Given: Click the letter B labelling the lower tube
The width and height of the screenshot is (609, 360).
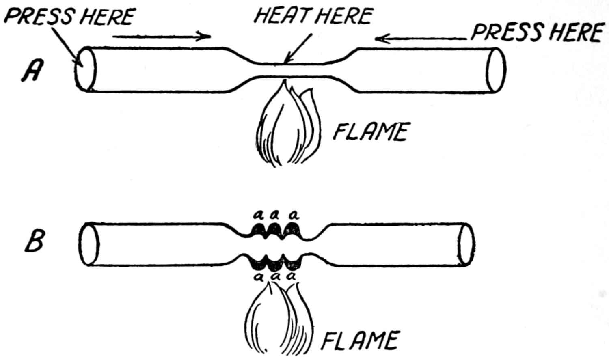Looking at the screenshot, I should point(35,242).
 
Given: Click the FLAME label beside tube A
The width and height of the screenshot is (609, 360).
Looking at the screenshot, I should point(369,132).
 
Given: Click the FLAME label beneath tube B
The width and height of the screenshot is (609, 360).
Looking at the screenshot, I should point(359,341).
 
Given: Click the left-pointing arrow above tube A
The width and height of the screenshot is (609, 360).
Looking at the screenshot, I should point(422,39).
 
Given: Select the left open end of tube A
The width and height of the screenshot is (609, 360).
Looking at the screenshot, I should point(86,69).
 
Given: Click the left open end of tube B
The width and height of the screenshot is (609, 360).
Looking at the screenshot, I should point(89,244).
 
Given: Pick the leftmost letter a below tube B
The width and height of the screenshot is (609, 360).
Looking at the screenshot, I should point(257,277).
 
